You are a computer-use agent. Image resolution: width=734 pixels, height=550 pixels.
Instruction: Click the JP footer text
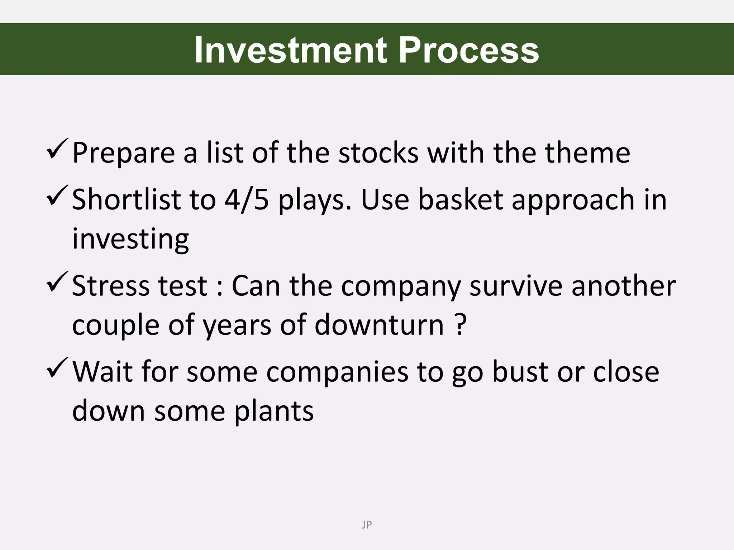coord(367,525)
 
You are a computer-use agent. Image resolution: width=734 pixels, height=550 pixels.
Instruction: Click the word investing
coord(130,239)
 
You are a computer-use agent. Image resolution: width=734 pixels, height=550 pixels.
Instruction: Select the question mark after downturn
coord(461,324)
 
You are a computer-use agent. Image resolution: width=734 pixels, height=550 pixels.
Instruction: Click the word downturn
coord(379,324)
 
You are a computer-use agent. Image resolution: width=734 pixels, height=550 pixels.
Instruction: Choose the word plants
coord(274,411)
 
